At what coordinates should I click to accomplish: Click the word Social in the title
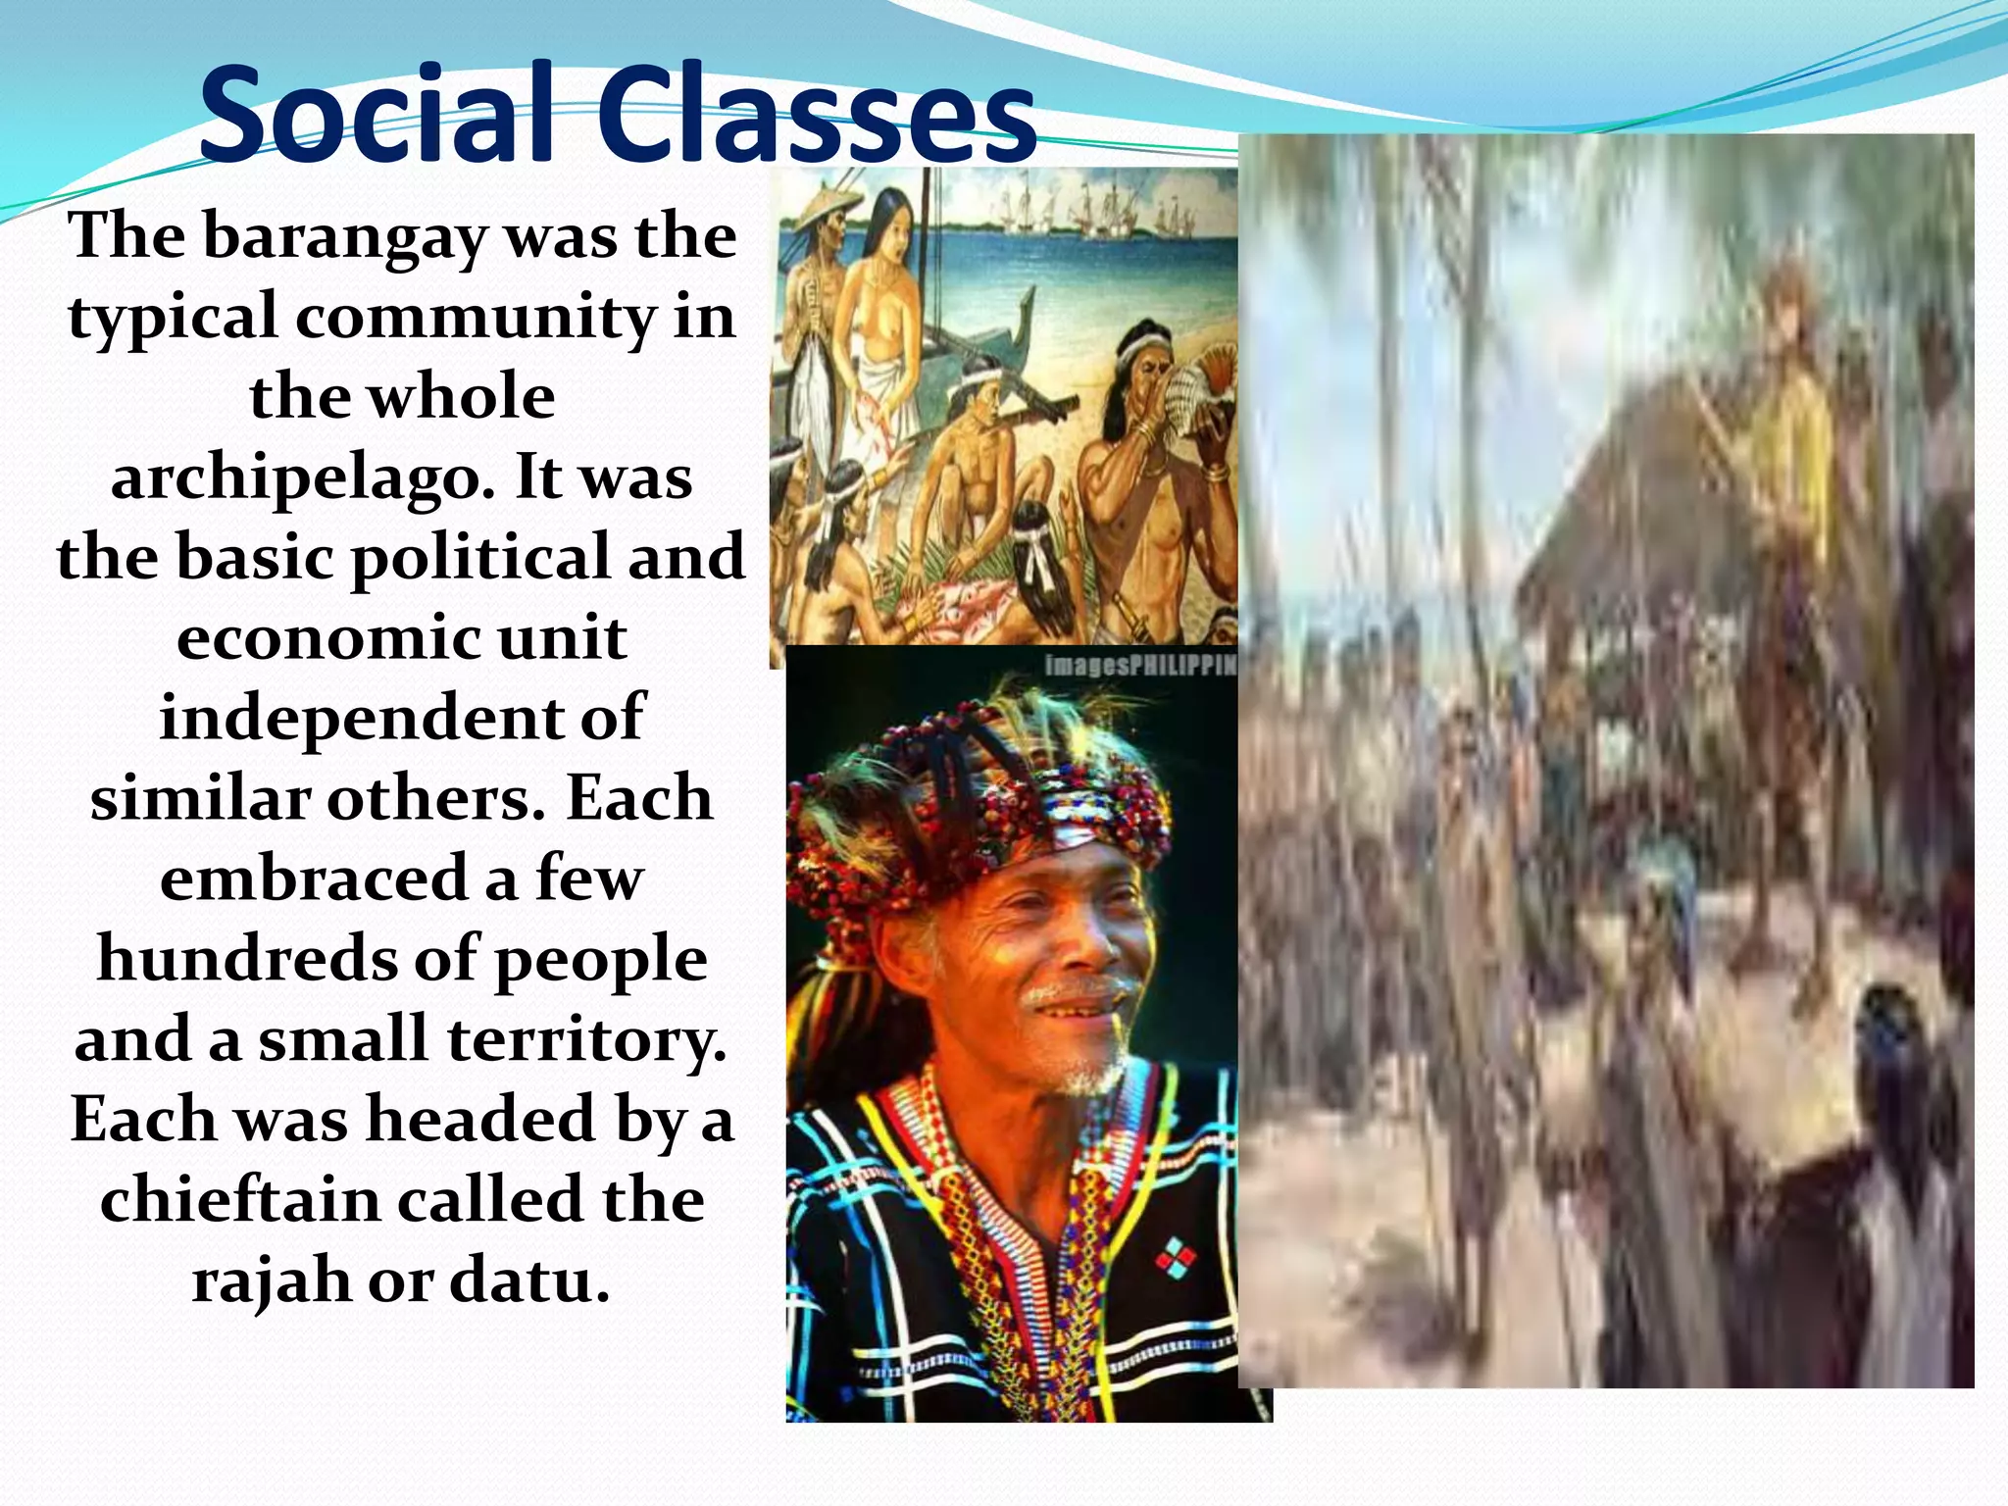pos(377,116)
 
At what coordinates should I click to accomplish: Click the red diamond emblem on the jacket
pos(1174,1257)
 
